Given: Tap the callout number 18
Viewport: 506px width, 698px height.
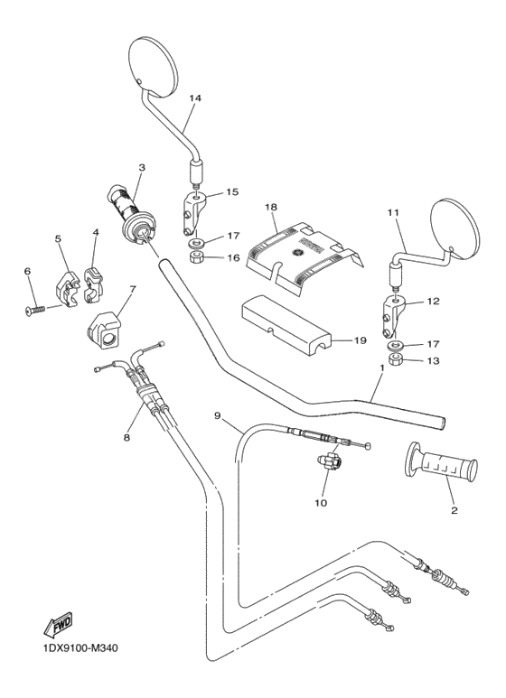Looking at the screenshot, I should pos(270,207).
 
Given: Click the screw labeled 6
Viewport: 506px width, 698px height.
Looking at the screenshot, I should pos(33,309).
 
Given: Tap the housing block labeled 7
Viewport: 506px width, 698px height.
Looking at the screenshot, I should pos(107,330).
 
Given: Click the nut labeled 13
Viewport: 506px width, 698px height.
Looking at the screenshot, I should pos(395,363).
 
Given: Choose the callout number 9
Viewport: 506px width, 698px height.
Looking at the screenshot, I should pos(218,415).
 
